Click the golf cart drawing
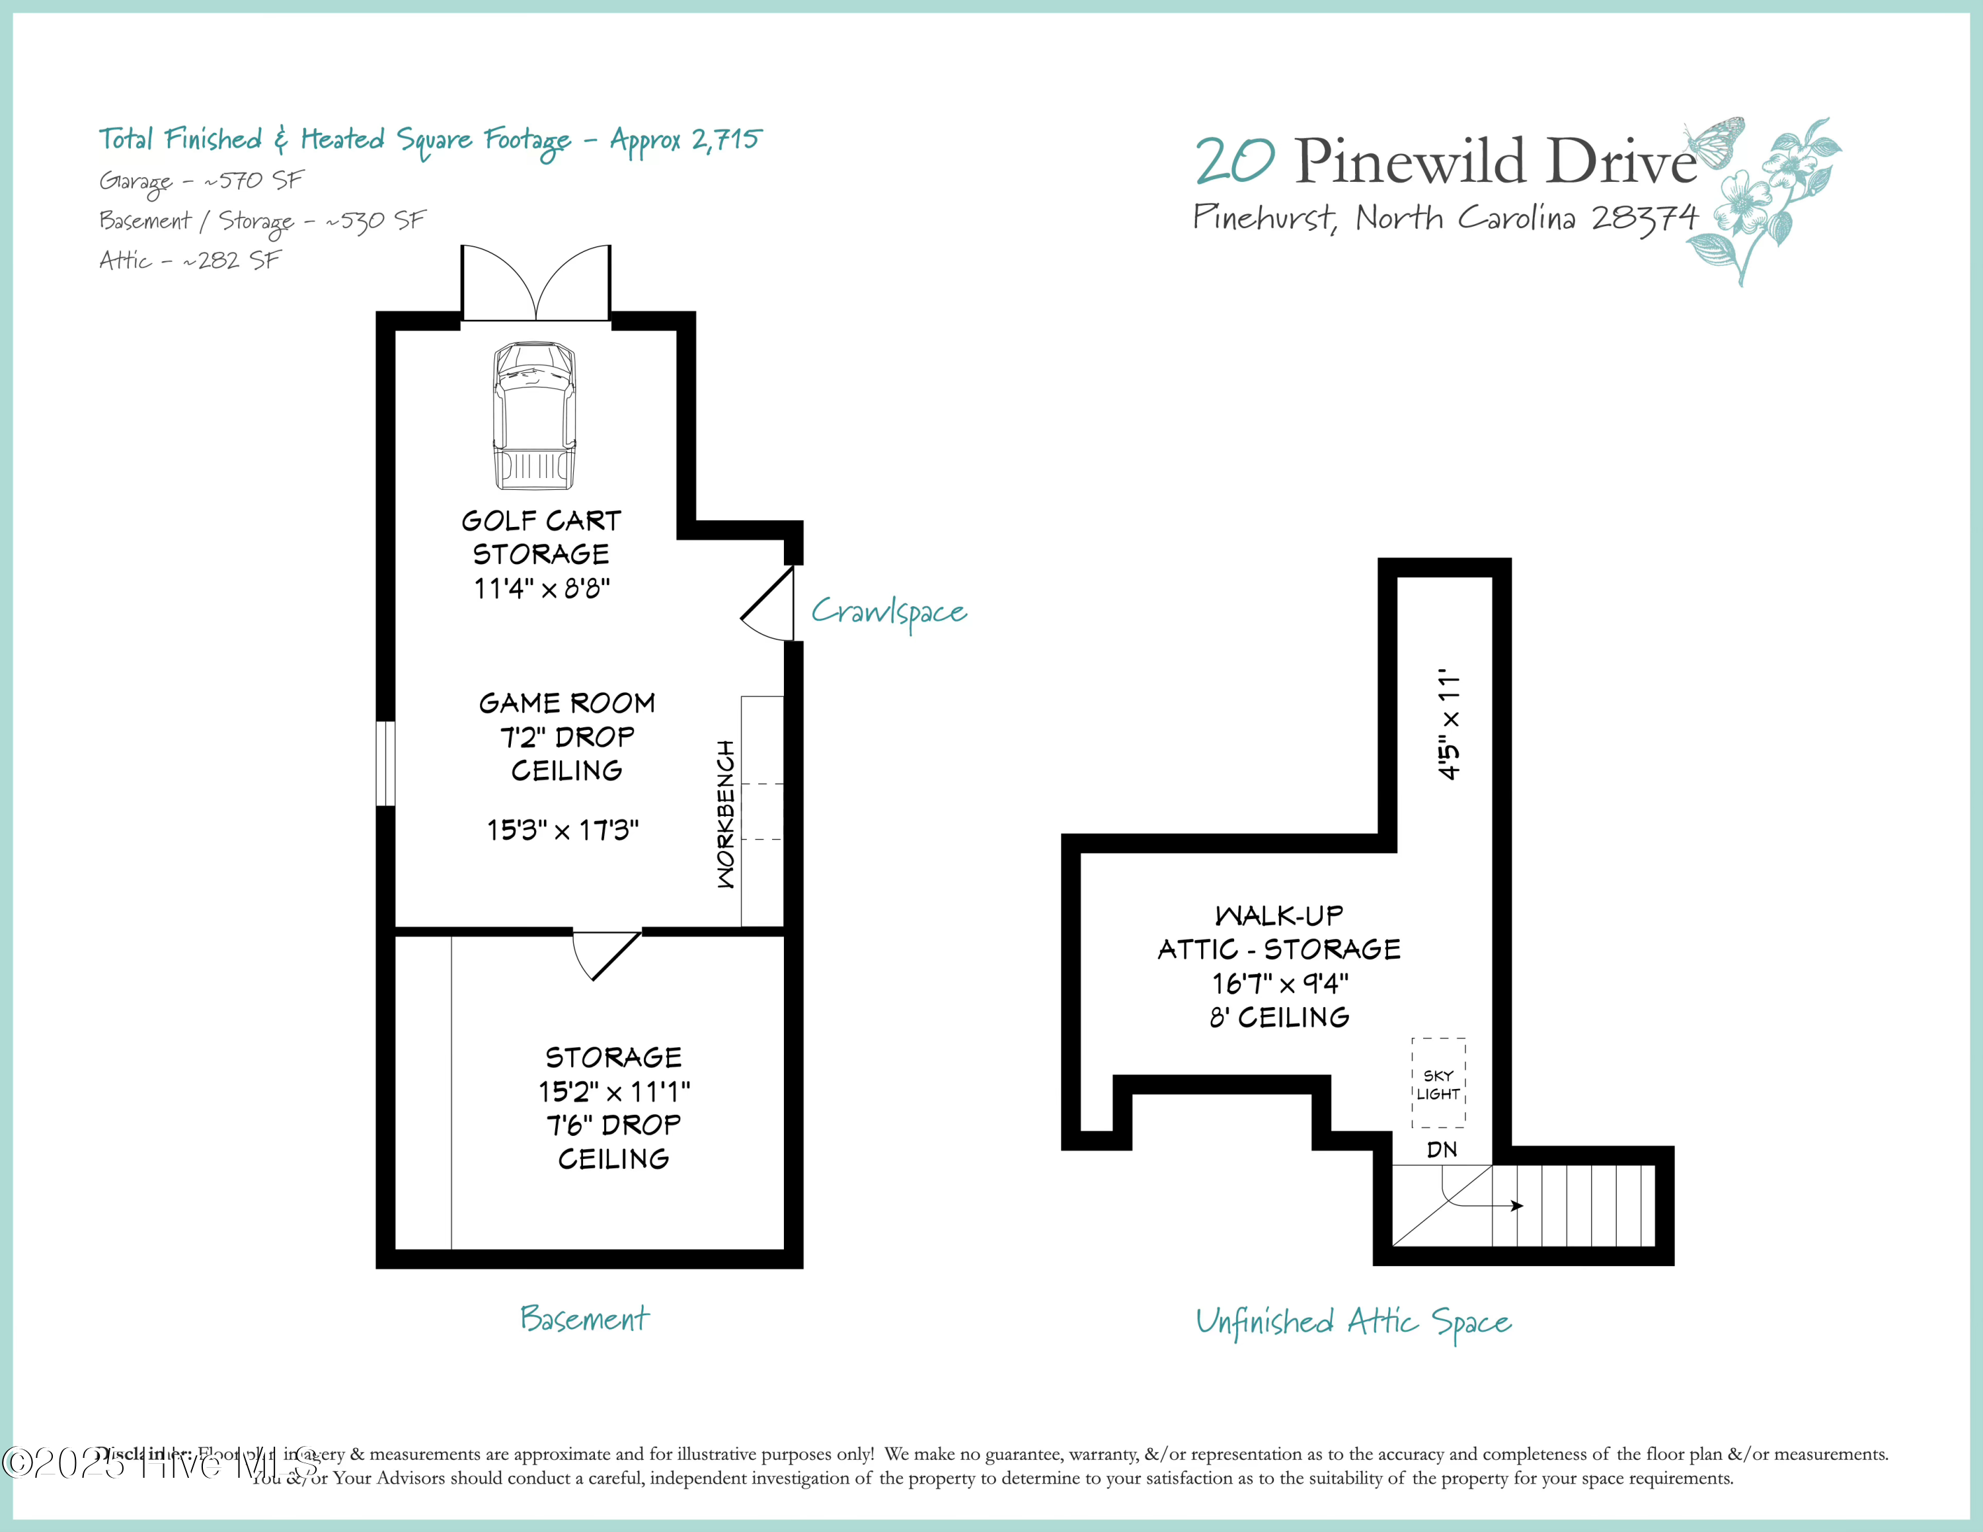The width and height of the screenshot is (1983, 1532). click(x=534, y=416)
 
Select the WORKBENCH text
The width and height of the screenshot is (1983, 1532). click(x=726, y=814)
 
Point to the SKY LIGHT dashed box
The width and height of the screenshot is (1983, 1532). click(x=1438, y=1082)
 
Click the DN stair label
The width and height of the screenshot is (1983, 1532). click(x=1442, y=1150)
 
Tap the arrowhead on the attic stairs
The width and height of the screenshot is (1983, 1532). click(x=1517, y=1206)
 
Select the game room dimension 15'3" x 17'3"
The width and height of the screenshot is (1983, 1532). click(x=563, y=830)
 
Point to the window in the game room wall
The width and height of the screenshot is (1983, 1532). click(x=386, y=763)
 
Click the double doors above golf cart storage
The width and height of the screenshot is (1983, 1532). click(x=535, y=284)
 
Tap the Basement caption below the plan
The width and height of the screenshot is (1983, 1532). click(x=585, y=1318)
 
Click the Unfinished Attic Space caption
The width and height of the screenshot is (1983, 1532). click(x=1353, y=1322)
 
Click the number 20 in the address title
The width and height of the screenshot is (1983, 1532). click(x=1235, y=161)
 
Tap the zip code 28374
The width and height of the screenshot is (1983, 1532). click(x=1645, y=218)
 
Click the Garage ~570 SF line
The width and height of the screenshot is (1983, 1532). click(x=201, y=181)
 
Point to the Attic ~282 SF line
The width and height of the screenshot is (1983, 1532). click(x=190, y=261)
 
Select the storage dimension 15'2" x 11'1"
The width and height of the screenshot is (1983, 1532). click(x=614, y=1091)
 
